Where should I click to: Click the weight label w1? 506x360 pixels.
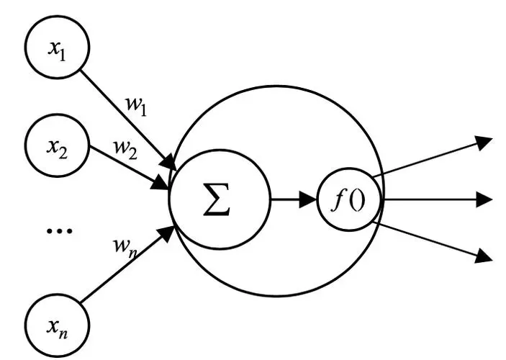coord(136,107)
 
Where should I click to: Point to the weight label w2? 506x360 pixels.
coord(125,150)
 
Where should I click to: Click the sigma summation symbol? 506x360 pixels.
coord(217,199)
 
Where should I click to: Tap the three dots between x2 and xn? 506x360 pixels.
coord(59,230)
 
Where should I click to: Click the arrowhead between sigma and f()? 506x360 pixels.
coord(307,199)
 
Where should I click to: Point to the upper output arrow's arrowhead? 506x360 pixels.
coord(484,143)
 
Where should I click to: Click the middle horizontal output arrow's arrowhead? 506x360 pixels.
coord(484,199)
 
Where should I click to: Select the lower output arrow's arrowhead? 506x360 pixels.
coord(484,255)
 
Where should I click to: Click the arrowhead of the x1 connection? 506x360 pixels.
coord(169,161)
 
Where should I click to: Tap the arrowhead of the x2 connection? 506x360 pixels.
coord(160,183)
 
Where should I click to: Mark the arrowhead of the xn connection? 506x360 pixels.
coord(167,234)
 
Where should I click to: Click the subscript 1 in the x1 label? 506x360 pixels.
coord(62,56)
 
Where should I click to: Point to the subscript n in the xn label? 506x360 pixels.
coord(63,334)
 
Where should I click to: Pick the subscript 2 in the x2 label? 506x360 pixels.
coord(63,154)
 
